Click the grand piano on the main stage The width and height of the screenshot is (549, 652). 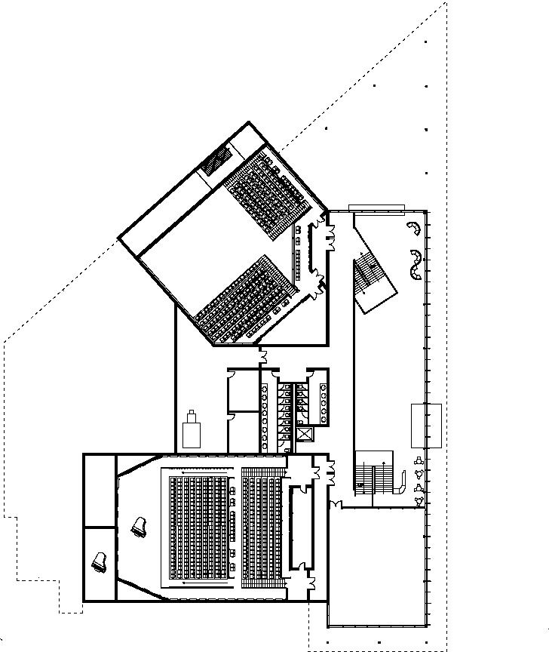[138, 527]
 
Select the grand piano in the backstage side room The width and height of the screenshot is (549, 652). [100, 562]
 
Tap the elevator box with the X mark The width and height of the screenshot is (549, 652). [305, 435]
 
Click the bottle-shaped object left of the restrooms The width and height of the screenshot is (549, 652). [192, 431]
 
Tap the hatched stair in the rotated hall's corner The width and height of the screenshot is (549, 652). [218, 158]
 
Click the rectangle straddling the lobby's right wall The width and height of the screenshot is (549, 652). [426, 426]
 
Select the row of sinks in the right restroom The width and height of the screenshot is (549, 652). [323, 401]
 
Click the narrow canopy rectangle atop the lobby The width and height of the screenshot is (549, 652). [377, 208]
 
